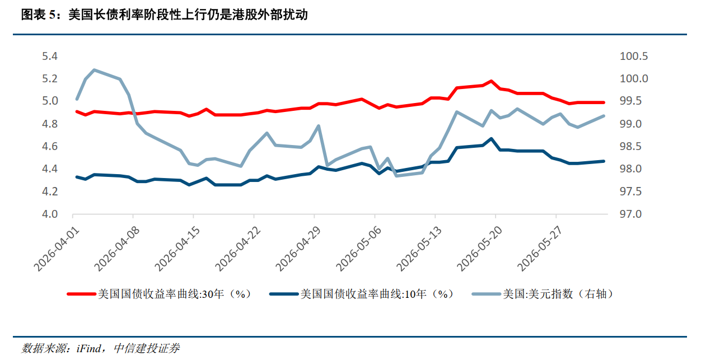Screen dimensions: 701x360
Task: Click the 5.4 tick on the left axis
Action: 50,56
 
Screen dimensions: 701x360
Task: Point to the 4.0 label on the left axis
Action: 50,214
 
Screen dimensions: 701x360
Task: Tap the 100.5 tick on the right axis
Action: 634,56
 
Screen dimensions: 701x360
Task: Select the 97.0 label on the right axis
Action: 630,214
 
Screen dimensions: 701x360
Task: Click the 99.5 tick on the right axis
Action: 630,101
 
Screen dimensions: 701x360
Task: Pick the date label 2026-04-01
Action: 57,249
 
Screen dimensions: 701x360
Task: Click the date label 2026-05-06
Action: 359,249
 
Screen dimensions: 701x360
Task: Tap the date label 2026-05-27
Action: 540,249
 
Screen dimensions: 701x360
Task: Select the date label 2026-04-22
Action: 238,249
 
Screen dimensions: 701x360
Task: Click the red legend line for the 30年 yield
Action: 81,294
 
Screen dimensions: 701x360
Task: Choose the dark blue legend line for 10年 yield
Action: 284,294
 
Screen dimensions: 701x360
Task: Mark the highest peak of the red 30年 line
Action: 491,81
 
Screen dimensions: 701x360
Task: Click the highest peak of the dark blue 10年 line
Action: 491,138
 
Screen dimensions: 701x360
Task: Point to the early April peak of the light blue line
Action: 95,70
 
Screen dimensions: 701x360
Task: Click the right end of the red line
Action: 604,102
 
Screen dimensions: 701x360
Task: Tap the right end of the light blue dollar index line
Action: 604,116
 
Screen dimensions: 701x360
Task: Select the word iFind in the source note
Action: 88,348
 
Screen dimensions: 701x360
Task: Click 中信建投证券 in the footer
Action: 147,348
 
